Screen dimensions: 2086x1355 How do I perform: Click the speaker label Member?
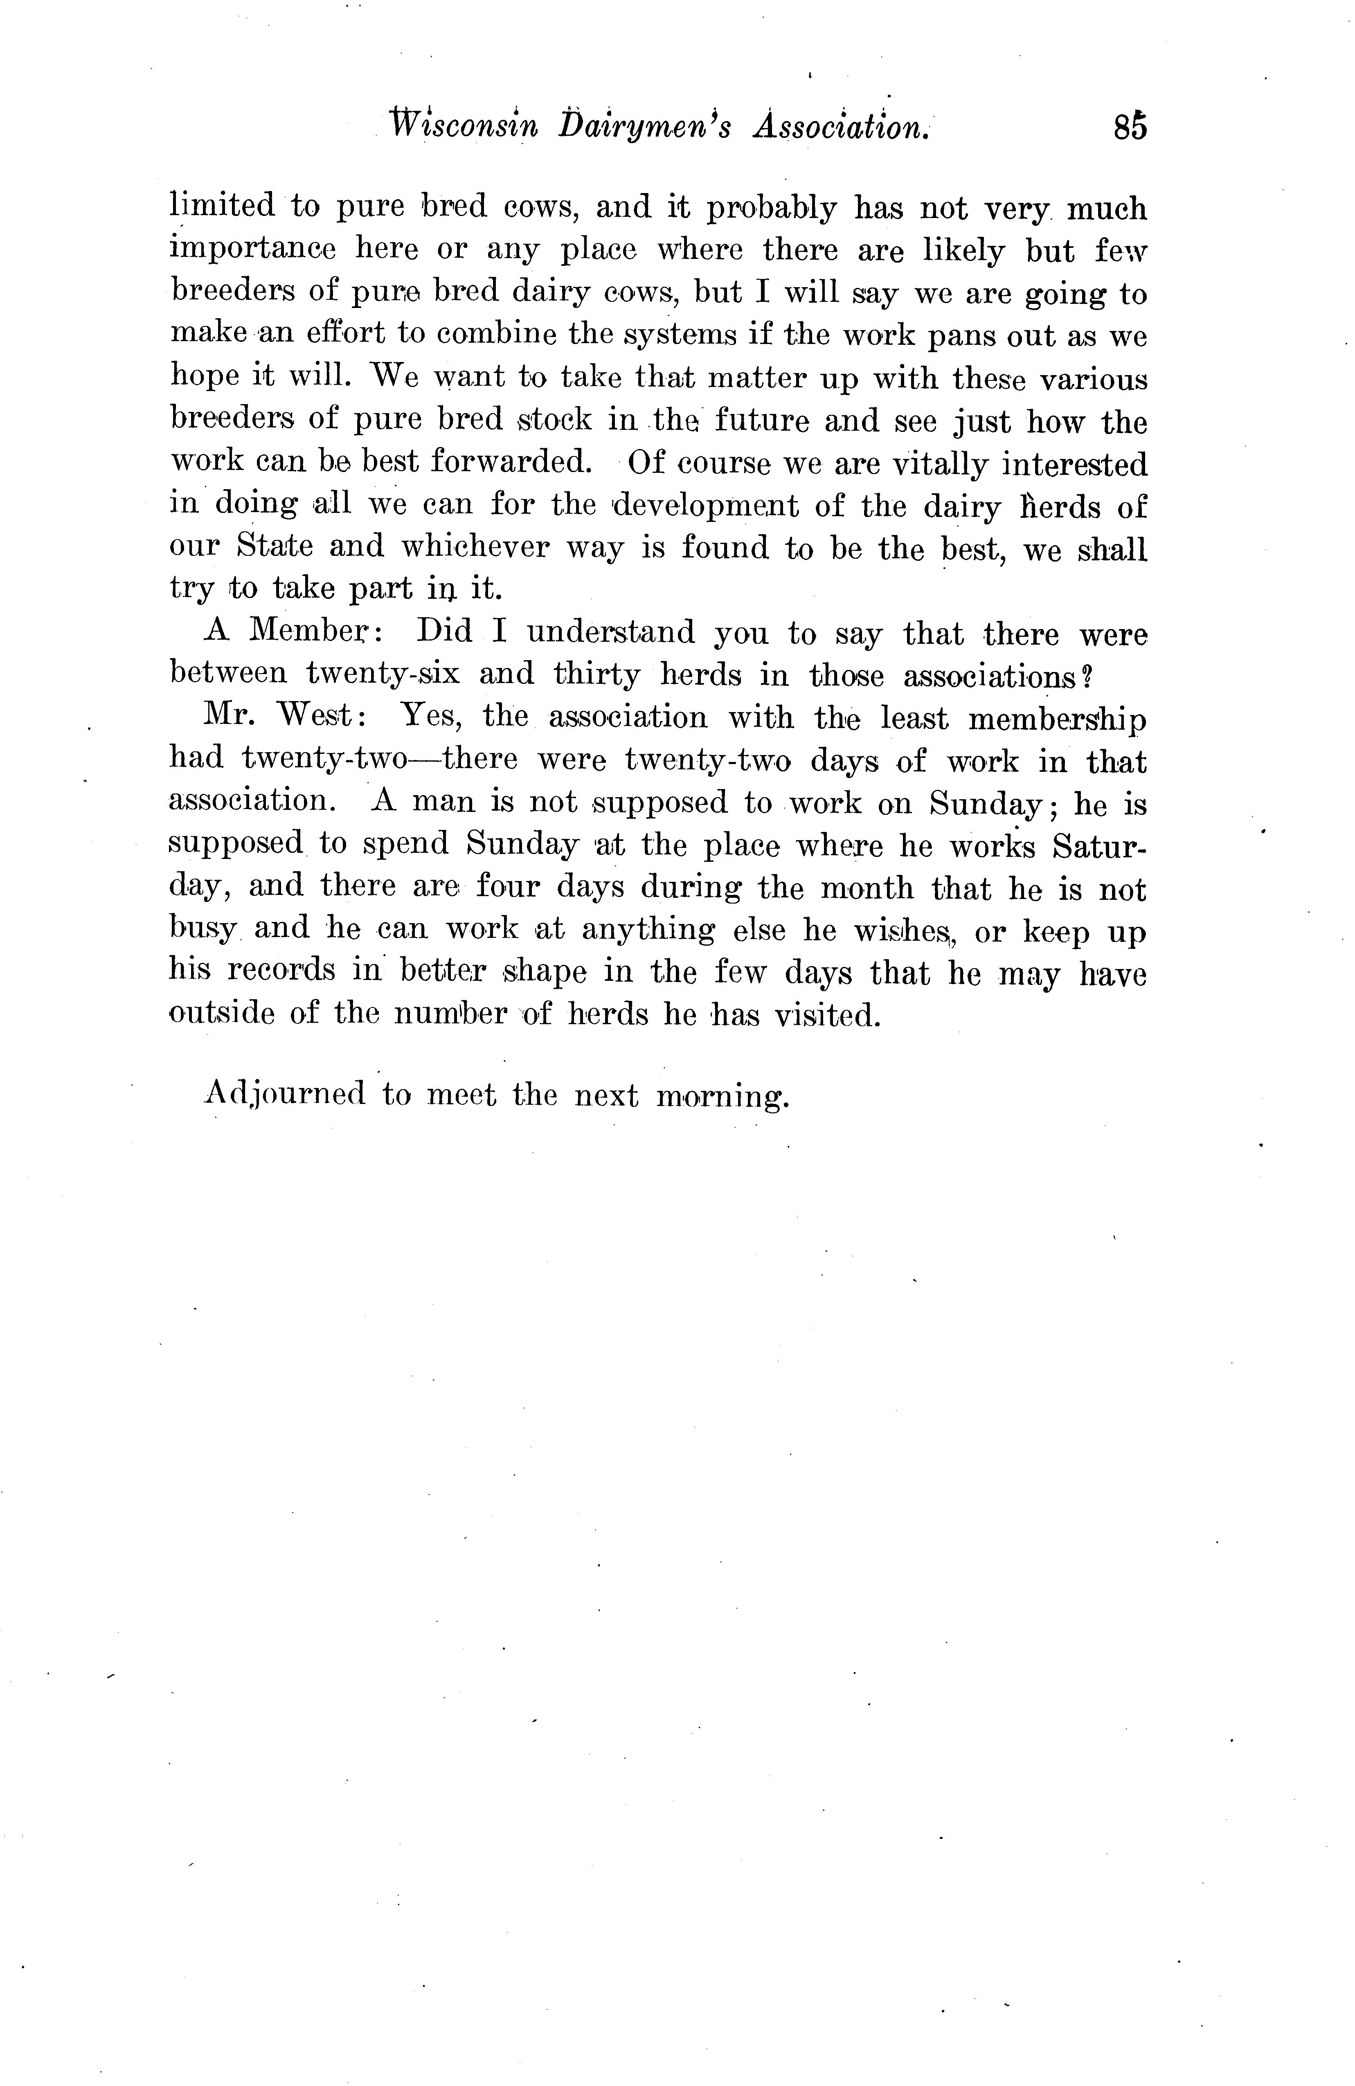[x=313, y=631]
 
